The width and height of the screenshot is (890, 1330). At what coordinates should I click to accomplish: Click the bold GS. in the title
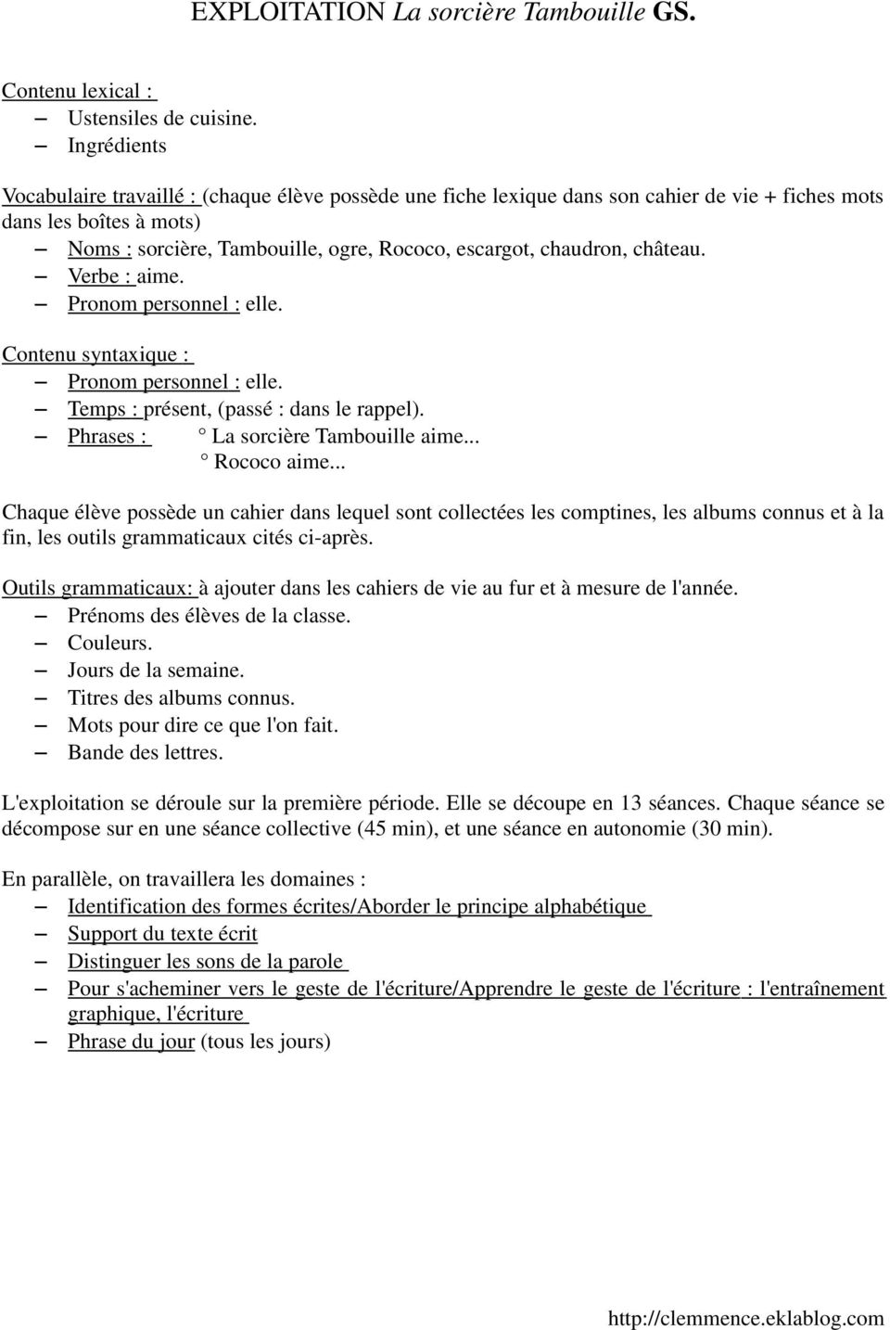(674, 13)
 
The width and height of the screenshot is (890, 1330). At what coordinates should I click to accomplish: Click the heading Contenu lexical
(78, 91)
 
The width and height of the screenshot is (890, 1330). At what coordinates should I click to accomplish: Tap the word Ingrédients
(117, 146)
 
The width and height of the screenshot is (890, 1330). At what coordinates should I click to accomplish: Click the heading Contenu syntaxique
(96, 354)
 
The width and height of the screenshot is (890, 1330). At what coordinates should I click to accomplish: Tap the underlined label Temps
(102, 409)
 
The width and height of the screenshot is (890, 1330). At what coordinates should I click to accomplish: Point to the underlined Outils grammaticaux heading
(98, 588)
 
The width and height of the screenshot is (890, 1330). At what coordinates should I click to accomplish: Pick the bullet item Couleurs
(109, 643)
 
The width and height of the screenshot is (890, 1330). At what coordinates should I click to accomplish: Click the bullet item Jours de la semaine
(156, 671)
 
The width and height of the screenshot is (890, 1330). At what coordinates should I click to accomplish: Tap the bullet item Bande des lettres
(145, 752)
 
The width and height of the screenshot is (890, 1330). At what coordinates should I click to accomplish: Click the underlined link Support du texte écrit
(162, 934)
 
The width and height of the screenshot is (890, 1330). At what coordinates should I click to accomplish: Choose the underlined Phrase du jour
(131, 1042)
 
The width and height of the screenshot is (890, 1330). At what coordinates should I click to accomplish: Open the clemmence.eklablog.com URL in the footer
(745, 1318)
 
